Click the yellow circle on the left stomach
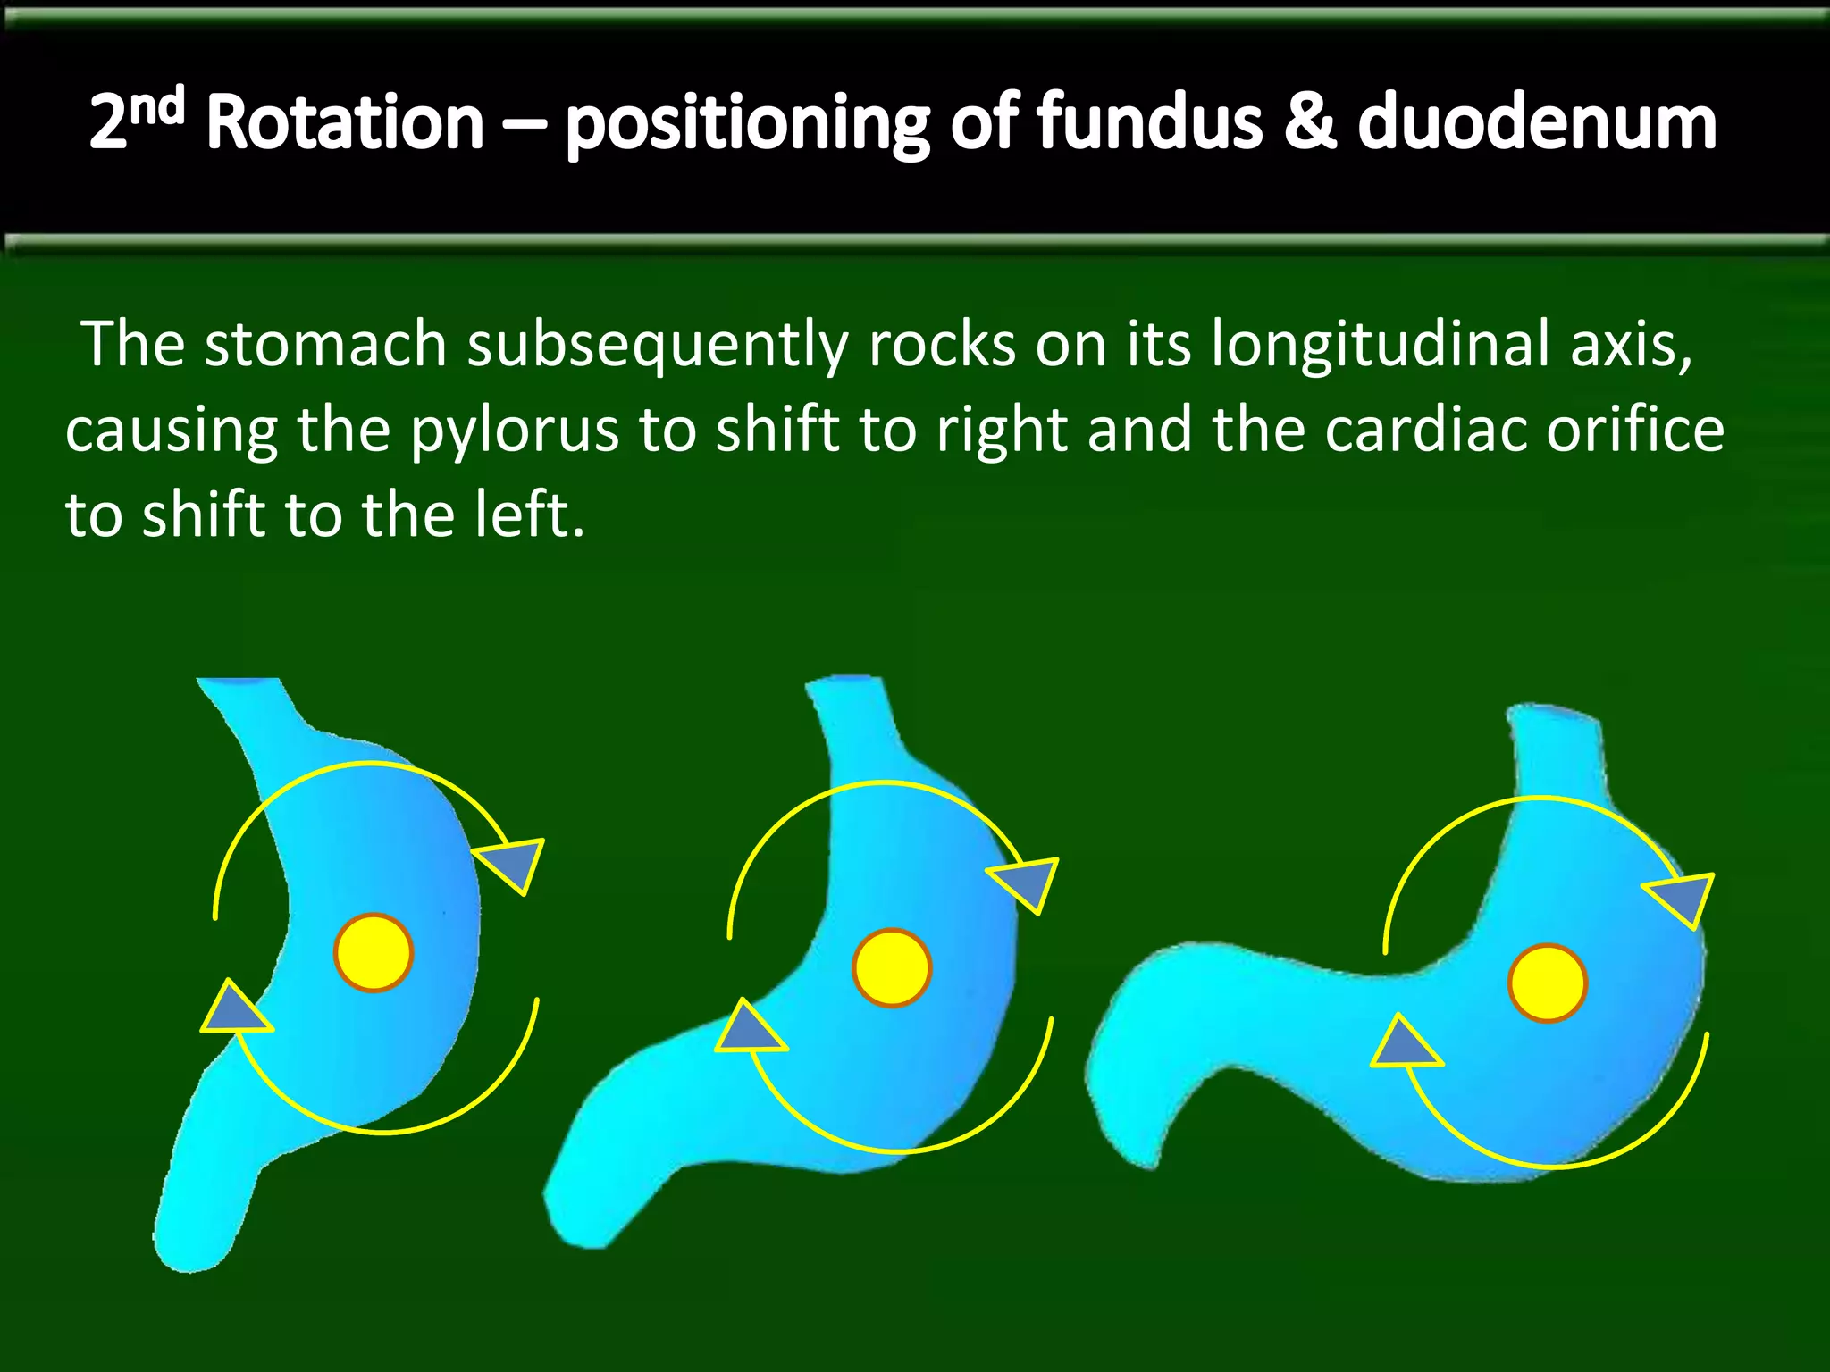click(374, 952)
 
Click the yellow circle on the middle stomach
click(892, 968)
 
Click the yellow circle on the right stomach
click(1548, 983)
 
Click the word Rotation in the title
click(345, 122)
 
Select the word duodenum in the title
click(1537, 122)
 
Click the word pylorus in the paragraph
click(515, 431)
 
